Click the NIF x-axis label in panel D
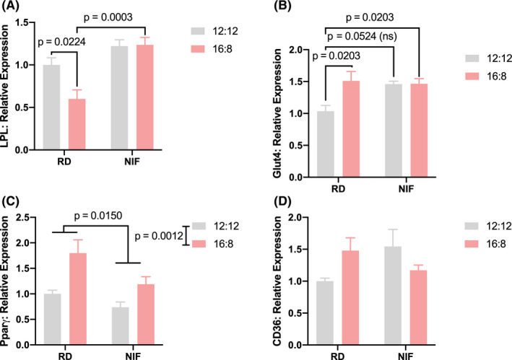[404, 353]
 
